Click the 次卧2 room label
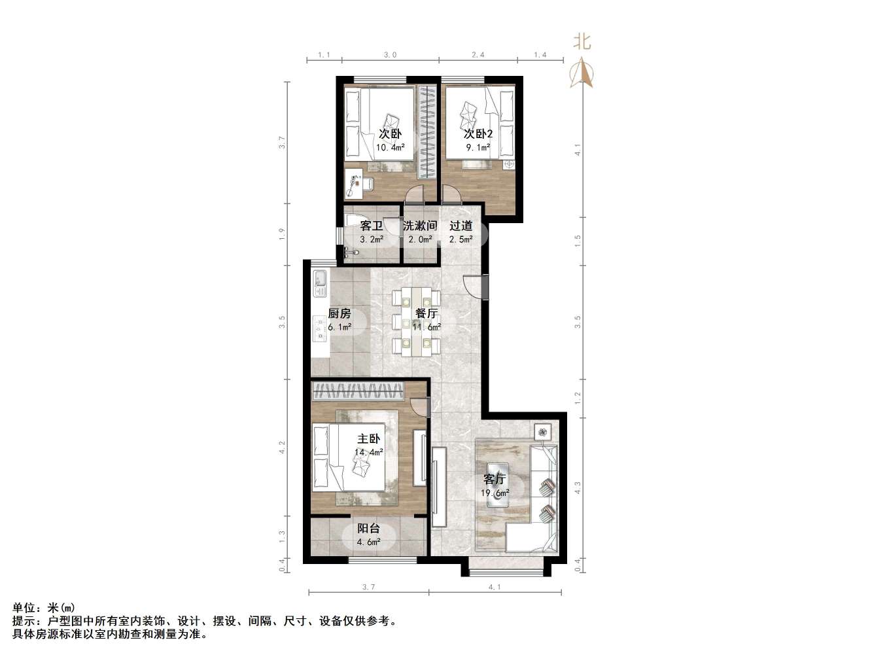(478, 133)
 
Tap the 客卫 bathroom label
(371, 226)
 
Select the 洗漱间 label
(419, 226)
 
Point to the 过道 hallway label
(461, 226)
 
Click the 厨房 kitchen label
(339, 313)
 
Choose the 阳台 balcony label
(368, 529)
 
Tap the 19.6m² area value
(495, 493)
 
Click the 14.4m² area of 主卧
(368, 452)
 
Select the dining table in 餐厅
(416, 321)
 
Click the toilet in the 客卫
(355, 222)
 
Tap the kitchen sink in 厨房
(320, 279)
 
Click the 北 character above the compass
(582, 42)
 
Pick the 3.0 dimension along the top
(390, 55)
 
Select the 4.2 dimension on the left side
(282, 448)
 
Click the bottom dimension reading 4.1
(495, 587)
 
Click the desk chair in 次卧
(368, 185)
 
